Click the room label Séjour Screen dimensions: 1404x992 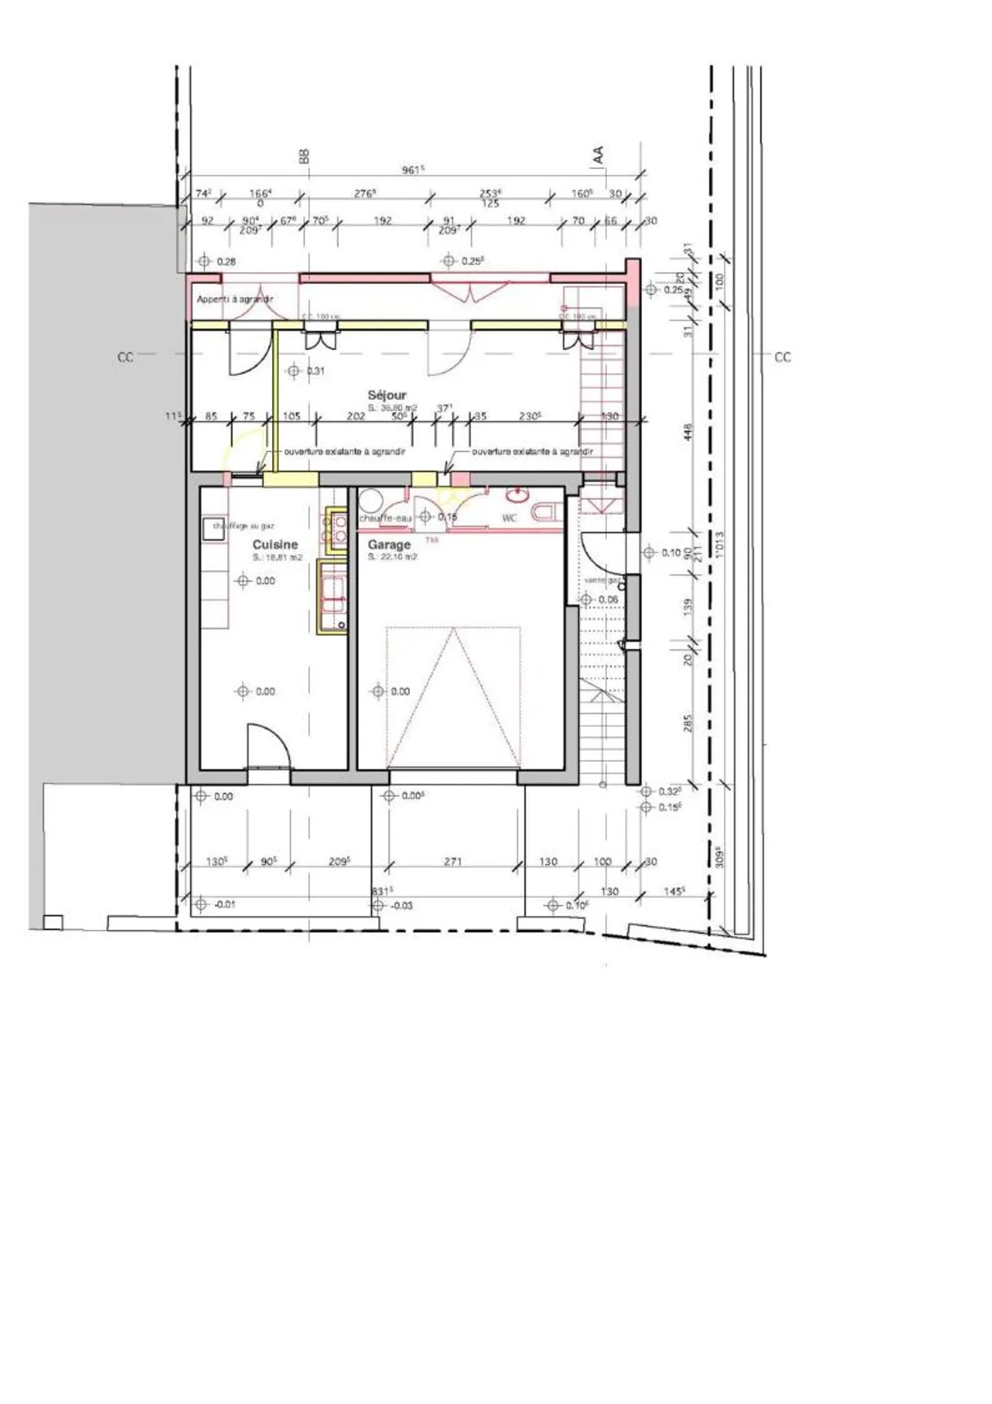[x=386, y=395]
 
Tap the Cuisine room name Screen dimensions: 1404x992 [x=275, y=544]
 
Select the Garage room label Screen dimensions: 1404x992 [x=389, y=544]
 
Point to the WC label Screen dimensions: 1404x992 [x=509, y=518]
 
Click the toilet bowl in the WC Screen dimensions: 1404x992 [x=546, y=512]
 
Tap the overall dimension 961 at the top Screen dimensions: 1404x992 [x=412, y=169]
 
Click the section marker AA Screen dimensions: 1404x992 [x=598, y=154]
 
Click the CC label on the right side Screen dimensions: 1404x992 [x=783, y=357]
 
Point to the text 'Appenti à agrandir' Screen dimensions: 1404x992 [x=235, y=299]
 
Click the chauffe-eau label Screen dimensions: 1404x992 [x=385, y=518]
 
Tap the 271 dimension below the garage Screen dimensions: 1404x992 [x=453, y=861]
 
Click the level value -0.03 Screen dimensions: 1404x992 [x=401, y=905]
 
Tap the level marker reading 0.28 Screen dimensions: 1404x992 [x=226, y=262]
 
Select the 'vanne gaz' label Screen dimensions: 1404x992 [x=602, y=580]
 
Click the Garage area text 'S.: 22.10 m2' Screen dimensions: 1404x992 [x=392, y=557]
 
